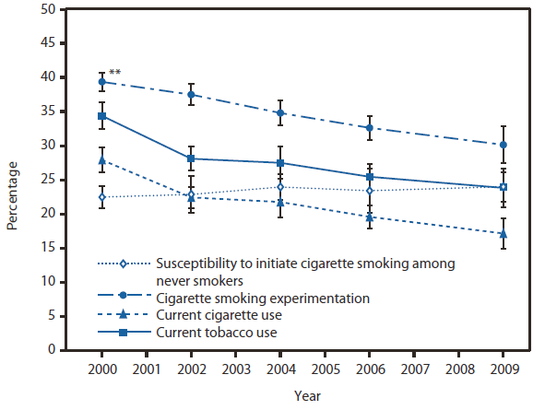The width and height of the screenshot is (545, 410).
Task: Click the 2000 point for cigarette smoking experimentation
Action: [102, 82]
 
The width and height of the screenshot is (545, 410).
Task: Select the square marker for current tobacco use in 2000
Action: [102, 116]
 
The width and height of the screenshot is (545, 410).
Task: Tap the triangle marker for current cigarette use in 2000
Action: [102, 160]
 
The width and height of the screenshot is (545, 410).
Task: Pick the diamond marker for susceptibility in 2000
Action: [102, 197]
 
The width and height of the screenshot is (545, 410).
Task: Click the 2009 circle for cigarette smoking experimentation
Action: [504, 145]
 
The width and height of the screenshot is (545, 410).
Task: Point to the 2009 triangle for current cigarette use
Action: [504, 233]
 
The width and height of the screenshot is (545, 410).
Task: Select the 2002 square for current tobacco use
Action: [192, 158]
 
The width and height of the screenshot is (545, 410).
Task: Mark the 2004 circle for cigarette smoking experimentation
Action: [280, 113]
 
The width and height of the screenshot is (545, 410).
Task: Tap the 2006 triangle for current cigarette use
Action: [370, 217]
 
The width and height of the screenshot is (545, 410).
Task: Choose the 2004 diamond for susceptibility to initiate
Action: [280, 187]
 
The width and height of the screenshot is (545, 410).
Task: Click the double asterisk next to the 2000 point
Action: [116, 73]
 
